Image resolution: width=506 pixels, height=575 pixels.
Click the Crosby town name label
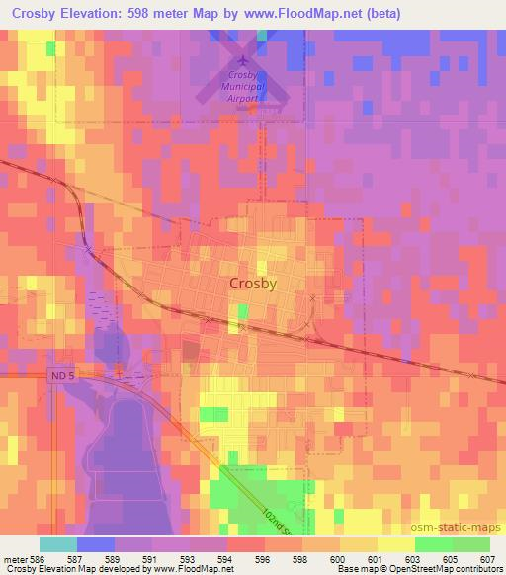pyautogui.click(x=252, y=283)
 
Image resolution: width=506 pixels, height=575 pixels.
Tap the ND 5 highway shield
pyautogui.click(x=60, y=374)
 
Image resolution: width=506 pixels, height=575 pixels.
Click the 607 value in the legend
pyautogui.click(x=488, y=558)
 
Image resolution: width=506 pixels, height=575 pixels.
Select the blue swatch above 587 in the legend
pyautogui.click(x=96, y=544)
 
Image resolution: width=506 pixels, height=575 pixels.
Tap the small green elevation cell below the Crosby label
pyautogui.click(x=242, y=313)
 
